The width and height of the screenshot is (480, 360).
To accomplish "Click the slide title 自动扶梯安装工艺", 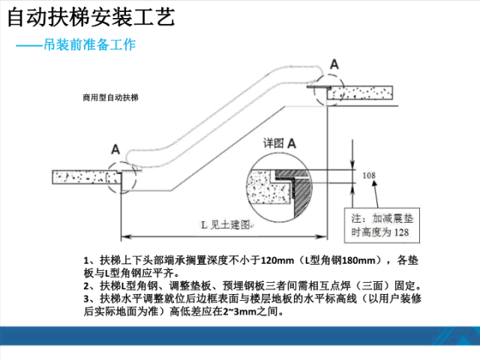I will [x=89, y=16].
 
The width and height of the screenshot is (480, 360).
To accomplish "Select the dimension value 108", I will [x=368, y=175].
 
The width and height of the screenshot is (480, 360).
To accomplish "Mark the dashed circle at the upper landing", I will [x=327, y=88].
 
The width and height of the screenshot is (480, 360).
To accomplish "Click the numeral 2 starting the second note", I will [x=88, y=284].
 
